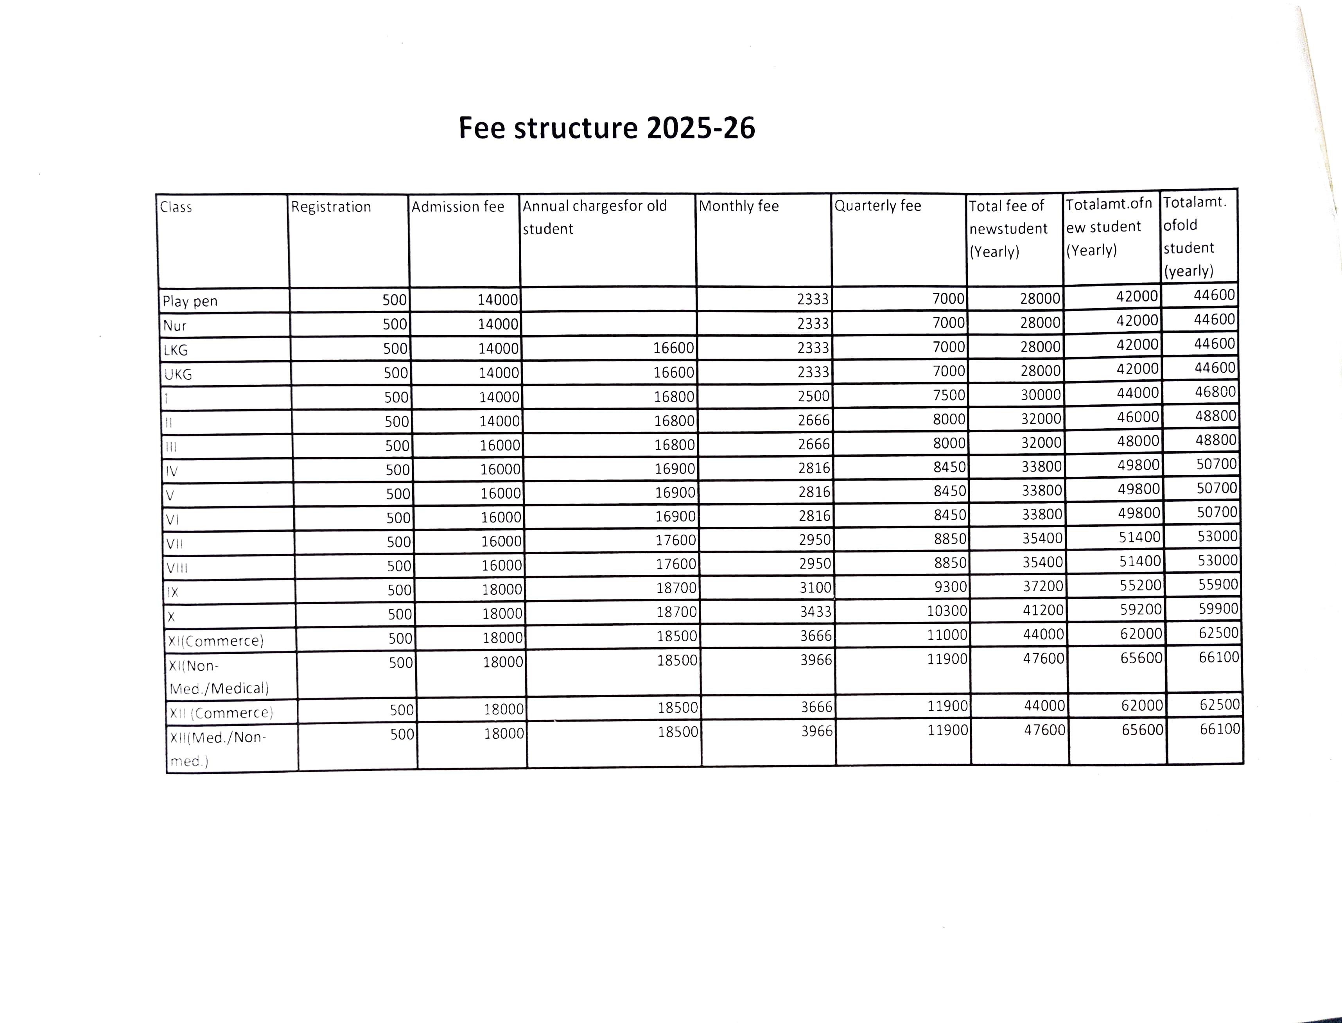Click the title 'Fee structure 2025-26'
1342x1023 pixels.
[606, 128]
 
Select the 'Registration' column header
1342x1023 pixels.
[331, 207]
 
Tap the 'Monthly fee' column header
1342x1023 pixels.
[739, 206]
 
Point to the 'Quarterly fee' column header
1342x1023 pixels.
[877, 206]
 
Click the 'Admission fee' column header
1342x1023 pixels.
[458, 207]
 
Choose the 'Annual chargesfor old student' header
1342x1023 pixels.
[595, 217]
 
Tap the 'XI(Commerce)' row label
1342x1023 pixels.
[215, 641]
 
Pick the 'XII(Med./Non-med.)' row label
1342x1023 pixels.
[217, 749]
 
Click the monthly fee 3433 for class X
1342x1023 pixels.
[815, 611]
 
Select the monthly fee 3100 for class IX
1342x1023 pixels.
[815, 588]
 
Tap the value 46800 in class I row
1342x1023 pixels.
[1215, 391]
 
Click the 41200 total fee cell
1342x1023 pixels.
[1043, 610]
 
